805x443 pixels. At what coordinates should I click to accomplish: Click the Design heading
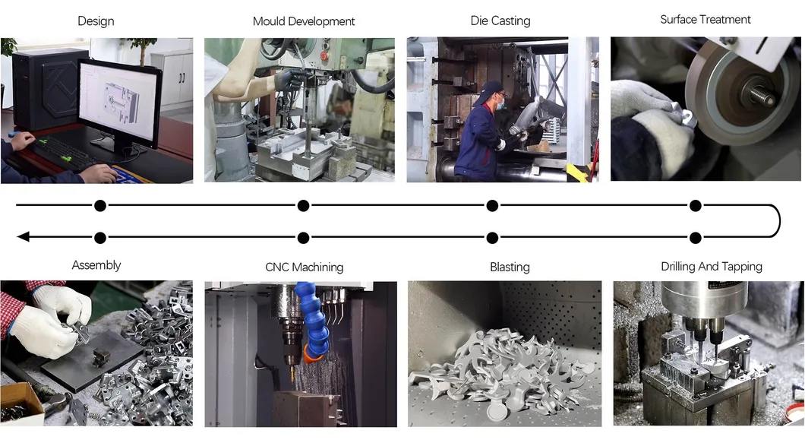coord(96,21)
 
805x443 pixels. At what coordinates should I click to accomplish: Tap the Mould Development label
coord(304,21)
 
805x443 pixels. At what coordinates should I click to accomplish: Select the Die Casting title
coord(500,21)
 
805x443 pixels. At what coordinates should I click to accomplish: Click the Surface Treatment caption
coord(706,20)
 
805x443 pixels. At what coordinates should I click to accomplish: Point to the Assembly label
coord(96,265)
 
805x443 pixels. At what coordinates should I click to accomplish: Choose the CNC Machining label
coord(305,267)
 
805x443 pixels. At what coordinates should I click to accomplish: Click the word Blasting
coord(510,267)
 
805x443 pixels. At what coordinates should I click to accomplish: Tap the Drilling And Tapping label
coord(712,267)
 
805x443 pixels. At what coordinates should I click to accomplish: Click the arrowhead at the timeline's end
coord(23,236)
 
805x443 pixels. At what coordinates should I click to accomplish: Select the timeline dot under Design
coord(100,206)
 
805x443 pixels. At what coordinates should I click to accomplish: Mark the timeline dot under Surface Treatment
coord(696,206)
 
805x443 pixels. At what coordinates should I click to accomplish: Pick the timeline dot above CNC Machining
coord(304,237)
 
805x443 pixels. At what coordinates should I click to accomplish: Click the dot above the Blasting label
coord(492,237)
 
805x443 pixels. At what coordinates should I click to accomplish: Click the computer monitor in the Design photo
coord(119,103)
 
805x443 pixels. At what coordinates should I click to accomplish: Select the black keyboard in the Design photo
coord(62,153)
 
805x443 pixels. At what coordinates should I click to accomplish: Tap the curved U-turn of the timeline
coord(780,221)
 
